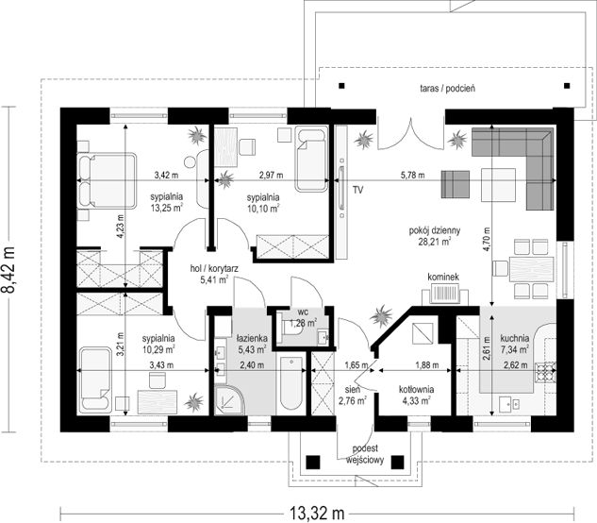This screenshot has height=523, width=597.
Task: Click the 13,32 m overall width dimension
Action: [x=317, y=513]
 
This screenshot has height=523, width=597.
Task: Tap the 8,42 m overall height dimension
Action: [x=8, y=269]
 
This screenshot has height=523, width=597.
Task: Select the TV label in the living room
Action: [x=357, y=190]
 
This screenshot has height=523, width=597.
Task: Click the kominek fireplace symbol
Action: [x=445, y=295]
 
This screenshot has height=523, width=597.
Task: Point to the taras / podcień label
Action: [x=447, y=89]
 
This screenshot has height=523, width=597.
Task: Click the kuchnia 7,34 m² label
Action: [x=515, y=343]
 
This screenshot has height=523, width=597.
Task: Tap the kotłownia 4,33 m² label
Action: [x=416, y=395]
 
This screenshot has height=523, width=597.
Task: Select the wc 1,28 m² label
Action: [x=304, y=318]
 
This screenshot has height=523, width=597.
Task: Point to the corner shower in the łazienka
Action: [x=229, y=400]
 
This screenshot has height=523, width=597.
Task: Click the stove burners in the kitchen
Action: [x=546, y=373]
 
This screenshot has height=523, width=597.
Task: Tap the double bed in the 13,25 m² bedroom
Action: [x=107, y=180]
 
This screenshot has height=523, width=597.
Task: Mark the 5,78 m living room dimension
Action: [x=412, y=176]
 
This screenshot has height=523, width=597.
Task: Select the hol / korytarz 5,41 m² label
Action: [x=214, y=275]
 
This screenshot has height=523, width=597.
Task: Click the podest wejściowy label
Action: [x=365, y=454]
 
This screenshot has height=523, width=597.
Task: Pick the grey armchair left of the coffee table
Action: [x=456, y=184]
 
